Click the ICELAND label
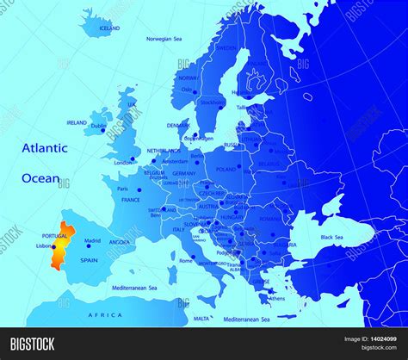[109, 28]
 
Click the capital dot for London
[135, 158]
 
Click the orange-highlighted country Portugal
[57, 243]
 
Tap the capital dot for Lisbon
[53, 249]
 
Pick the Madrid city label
[93, 240]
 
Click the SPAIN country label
[89, 259]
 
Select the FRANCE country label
[131, 200]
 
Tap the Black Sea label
[332, 237]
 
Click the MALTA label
[201, 319]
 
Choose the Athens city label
[276, 300]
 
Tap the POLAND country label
[226, 170]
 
